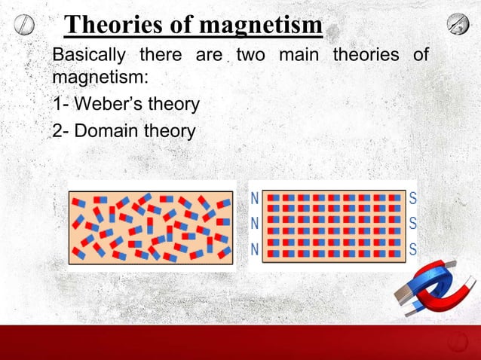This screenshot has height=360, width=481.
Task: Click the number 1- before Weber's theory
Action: (60, 104)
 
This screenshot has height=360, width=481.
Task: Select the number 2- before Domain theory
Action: (60, 130)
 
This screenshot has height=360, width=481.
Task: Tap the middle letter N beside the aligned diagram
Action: (255, 224)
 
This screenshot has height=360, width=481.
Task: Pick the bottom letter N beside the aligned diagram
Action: (255, 249)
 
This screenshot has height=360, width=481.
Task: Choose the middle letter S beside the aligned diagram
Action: (412, 224)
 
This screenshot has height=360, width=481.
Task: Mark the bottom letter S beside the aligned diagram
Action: (412, 249)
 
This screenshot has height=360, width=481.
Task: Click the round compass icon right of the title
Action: (458, 23)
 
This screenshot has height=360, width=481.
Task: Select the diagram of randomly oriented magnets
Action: (151, 226)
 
